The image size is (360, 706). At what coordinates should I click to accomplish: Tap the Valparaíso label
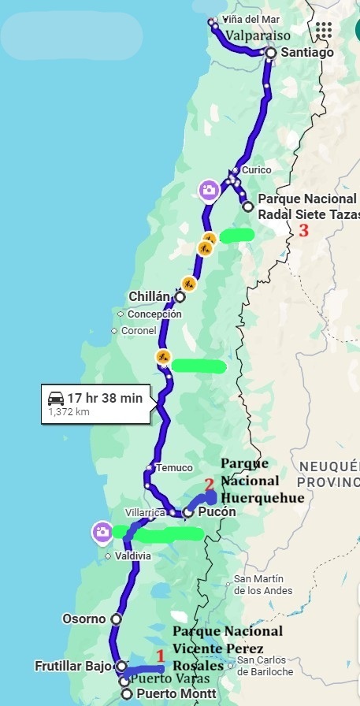point(258,35)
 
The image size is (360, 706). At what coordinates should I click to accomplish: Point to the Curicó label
point(256,169)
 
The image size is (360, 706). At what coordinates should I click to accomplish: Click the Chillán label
point(150,296)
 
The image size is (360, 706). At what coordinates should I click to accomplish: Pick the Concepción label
point(154,314)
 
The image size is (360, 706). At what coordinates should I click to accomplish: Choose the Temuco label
point(174,467)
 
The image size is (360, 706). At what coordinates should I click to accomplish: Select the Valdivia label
point(132,556)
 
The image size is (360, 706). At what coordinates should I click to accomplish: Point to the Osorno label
point(84,619)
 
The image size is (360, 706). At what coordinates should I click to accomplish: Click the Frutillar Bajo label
point(73,666)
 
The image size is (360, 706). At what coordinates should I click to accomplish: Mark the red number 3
point(303,231)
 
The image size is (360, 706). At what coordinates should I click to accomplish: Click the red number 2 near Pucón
point(209,485)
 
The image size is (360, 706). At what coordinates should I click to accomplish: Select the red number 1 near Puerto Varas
point(160,656)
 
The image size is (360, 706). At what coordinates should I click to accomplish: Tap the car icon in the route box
point(55,397)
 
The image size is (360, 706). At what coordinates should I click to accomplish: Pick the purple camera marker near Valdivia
point(102,531)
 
